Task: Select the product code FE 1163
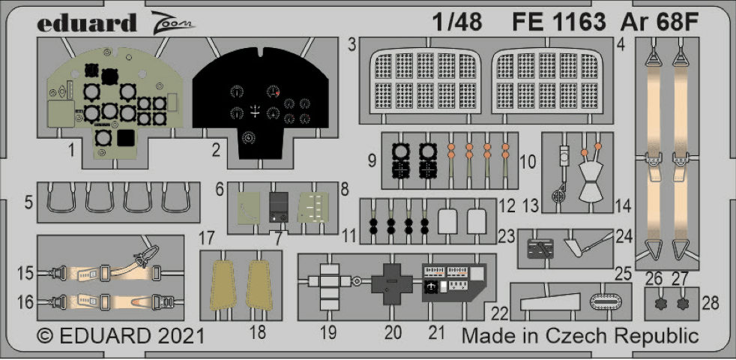tap(559, 22)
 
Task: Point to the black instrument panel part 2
tap(260, 105)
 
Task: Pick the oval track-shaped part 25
tap(607, 301)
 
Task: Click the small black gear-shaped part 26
tap(660, 304)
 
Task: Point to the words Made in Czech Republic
tap(580, 334)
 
